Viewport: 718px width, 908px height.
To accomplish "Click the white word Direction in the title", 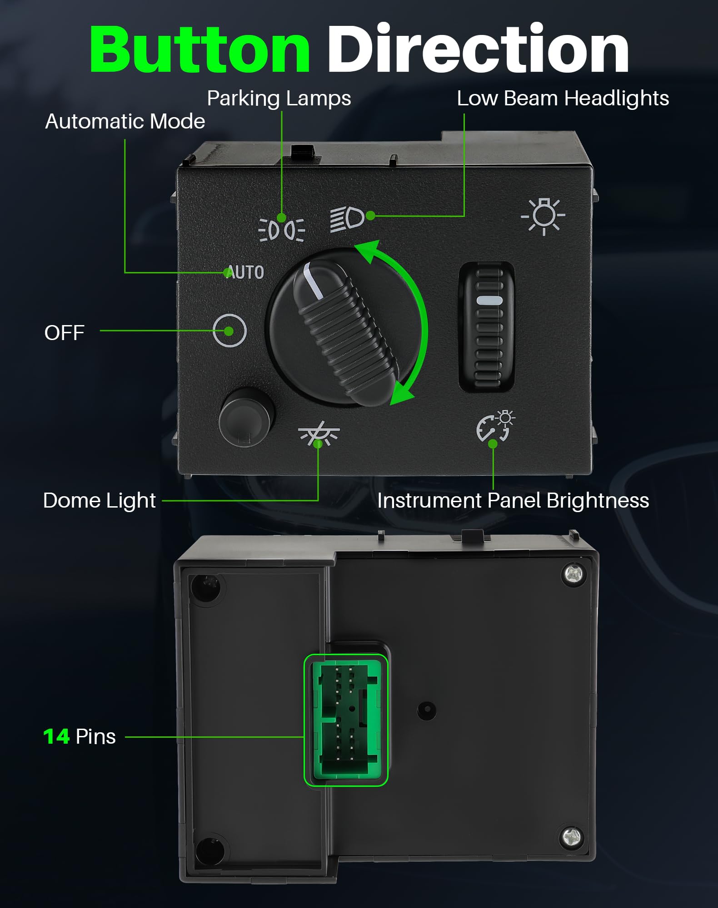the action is point(478,48).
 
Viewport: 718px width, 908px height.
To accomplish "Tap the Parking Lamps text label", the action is point(279,99).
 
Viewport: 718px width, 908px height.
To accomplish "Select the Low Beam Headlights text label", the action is point(563,99).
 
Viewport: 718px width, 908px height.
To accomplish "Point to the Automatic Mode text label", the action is point(125,121).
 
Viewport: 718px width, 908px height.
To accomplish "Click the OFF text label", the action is point(65,333).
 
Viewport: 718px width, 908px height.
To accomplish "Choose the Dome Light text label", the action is point(100,501).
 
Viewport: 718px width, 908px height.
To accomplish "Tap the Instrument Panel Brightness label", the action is point(513,501).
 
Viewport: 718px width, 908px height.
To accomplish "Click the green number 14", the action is point(56,736).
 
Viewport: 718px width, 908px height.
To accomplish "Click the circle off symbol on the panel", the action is point(229,331).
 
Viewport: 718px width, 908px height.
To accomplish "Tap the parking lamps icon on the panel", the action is point(282,230).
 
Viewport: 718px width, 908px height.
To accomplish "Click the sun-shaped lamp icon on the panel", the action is point(543,216).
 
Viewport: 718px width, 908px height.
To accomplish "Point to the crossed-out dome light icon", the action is point(319,434).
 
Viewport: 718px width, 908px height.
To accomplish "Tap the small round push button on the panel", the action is point(247,417).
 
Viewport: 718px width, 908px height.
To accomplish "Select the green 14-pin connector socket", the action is point(346,720).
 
